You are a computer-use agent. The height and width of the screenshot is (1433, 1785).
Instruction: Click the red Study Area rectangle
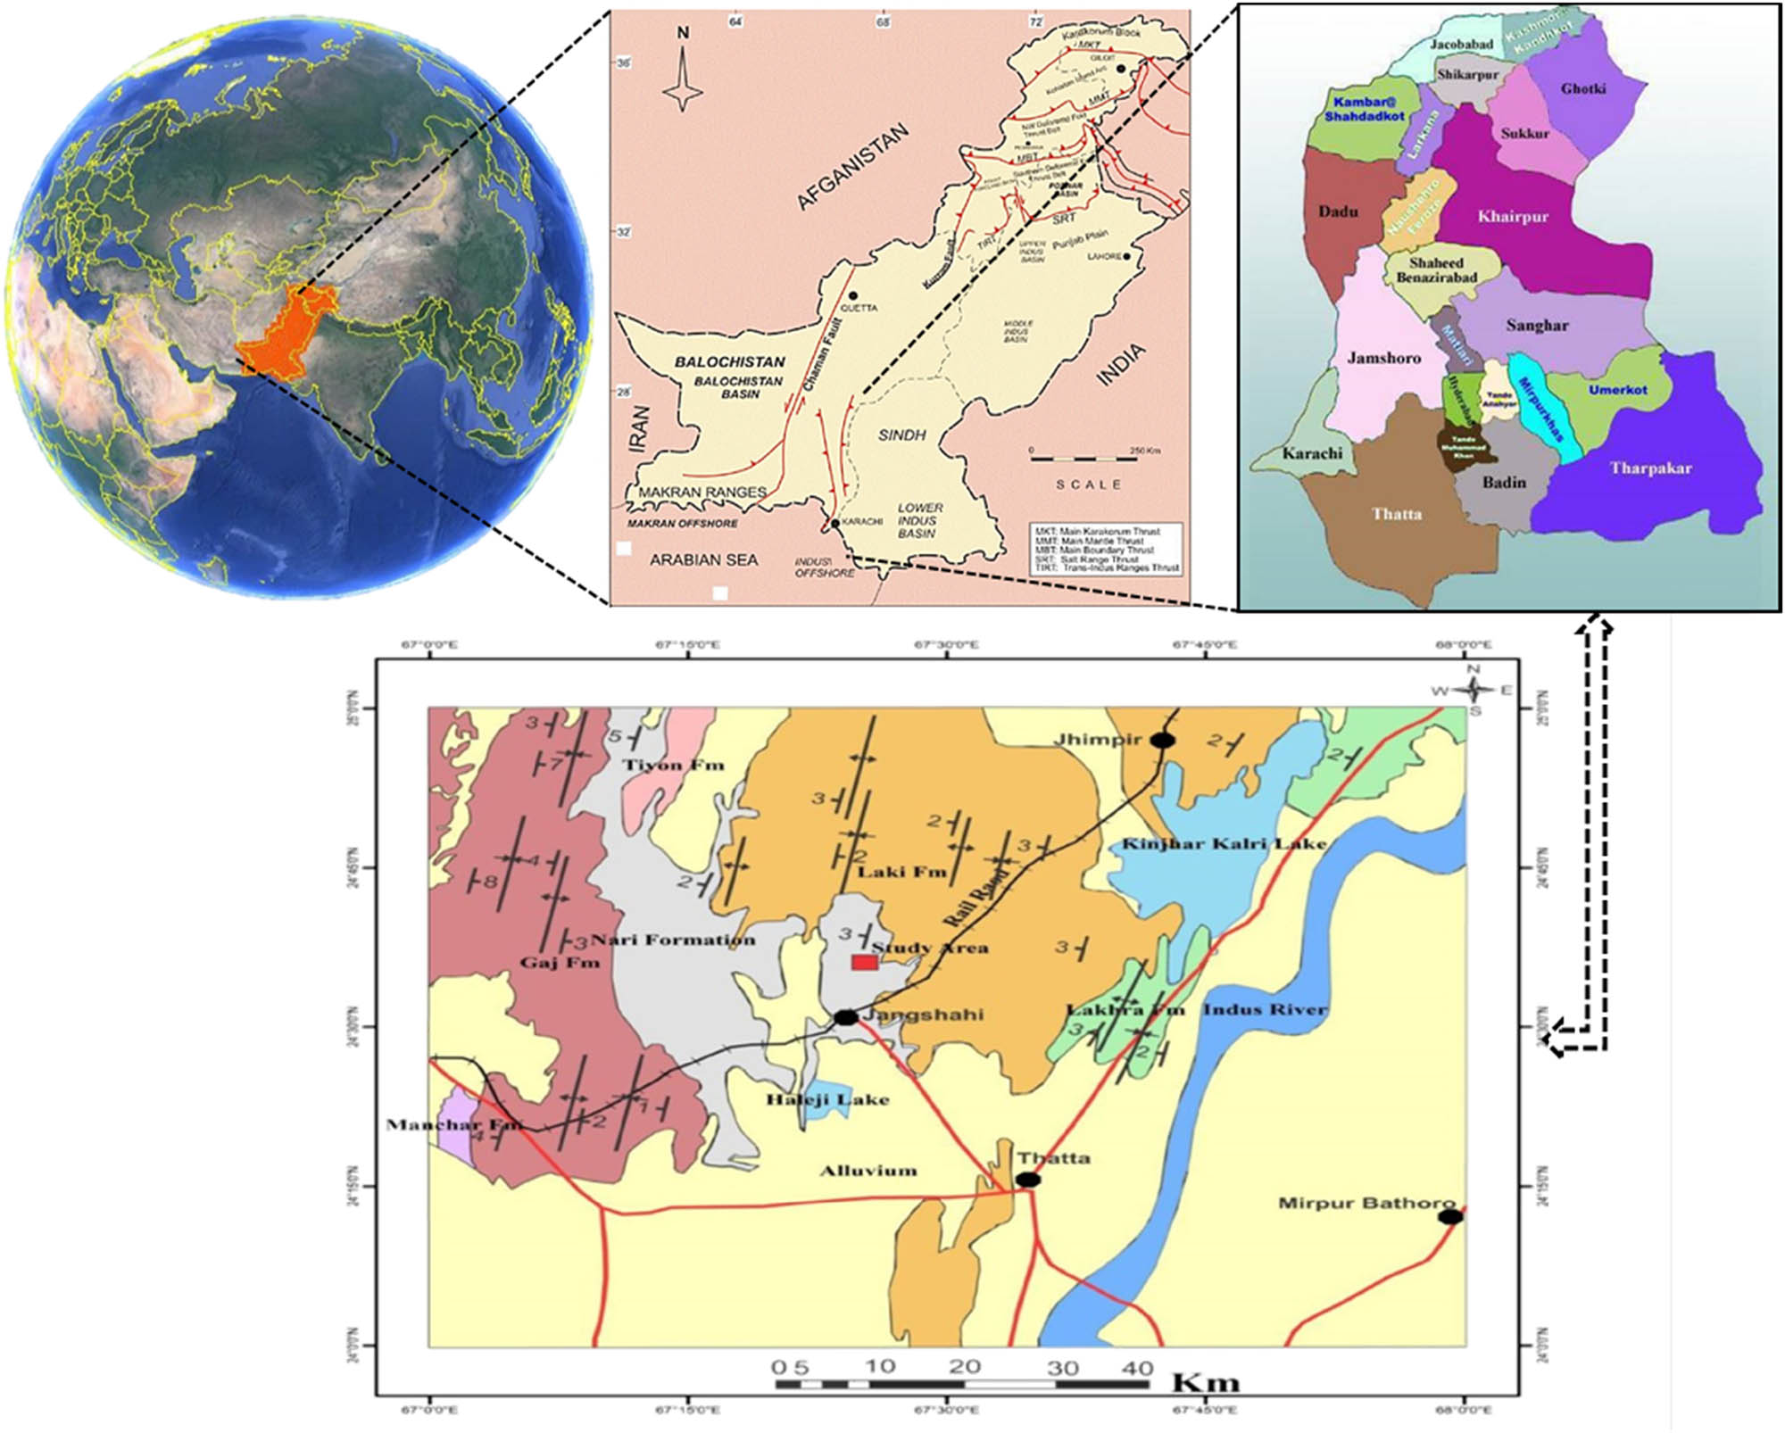[x=864, y=962]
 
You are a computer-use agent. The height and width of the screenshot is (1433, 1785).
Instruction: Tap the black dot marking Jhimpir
[x=1161, y=740]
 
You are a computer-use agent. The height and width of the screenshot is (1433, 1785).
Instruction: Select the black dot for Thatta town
[x=1028, y=1180]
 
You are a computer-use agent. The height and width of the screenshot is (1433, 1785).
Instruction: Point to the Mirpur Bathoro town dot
[x=1450, y=1217]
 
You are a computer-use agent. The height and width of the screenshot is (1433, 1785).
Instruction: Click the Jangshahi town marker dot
[x=846, y=1017]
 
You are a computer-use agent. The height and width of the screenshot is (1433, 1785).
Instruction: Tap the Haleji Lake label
[x=827, y=1100]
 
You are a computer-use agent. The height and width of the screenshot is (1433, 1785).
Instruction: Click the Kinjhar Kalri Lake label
[x=1224, y=844]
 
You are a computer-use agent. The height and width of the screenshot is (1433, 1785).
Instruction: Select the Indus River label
[x=1265, y=1010]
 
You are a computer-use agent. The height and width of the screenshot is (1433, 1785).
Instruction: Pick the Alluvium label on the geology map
[x=868, y=1171]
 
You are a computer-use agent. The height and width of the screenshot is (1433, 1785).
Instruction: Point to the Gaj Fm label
[x=560, y=963]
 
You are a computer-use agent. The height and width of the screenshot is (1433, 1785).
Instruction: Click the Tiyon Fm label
[x=673, y=765]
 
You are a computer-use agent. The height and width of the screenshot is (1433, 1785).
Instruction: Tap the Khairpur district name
[x=1513, y=217]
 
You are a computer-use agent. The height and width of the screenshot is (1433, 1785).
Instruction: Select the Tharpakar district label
[x=1650, y=468]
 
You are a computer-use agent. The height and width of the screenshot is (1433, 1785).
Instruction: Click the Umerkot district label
[x=1617, y=390]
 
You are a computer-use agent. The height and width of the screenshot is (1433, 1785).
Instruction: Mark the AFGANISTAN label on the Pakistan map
[x=852, y=168]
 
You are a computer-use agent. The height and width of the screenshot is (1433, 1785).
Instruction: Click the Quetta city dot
[x=853, y=295]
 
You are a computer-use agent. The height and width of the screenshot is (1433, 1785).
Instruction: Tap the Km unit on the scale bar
[x=1205, y=1384]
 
